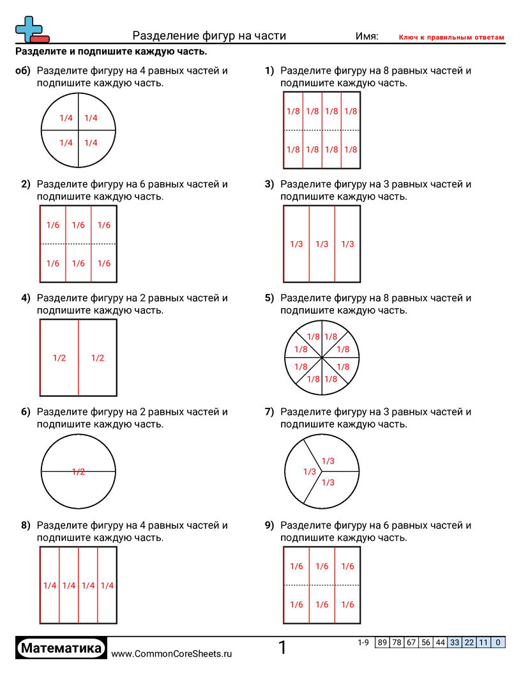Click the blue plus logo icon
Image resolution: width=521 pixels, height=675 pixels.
point(29,28)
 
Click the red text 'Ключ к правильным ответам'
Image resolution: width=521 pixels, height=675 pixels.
point(451,38)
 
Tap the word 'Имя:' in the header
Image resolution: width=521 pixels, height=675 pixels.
point(366,36)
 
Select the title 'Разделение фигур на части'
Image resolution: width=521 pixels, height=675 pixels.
point(209,36)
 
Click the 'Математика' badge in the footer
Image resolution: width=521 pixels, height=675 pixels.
point(61,648)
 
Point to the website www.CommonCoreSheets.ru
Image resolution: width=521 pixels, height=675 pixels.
point(171,654)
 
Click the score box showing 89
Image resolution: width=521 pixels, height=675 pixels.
point(382,642)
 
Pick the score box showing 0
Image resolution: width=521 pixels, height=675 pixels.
point(498,642)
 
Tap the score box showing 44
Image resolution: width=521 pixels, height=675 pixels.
point(440,642)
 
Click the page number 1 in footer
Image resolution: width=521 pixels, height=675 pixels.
point(282,648)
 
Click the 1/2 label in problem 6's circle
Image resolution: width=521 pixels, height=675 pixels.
point(79,472)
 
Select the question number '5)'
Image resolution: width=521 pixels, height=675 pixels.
point(269,298)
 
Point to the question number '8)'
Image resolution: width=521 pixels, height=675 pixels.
point(26,525)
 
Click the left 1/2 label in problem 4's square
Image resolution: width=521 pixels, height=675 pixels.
point(59,358)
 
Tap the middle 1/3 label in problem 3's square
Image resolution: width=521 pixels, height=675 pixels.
point(322,244)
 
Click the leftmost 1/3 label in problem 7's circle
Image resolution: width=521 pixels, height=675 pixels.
point(310,472)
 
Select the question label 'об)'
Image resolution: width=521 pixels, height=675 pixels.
point(23,70)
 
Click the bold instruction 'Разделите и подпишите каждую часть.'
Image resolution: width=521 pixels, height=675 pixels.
point(111,52)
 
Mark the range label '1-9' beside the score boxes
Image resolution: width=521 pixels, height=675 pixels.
point(363,642)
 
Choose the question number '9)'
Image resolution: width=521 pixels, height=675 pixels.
point(269,525)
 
